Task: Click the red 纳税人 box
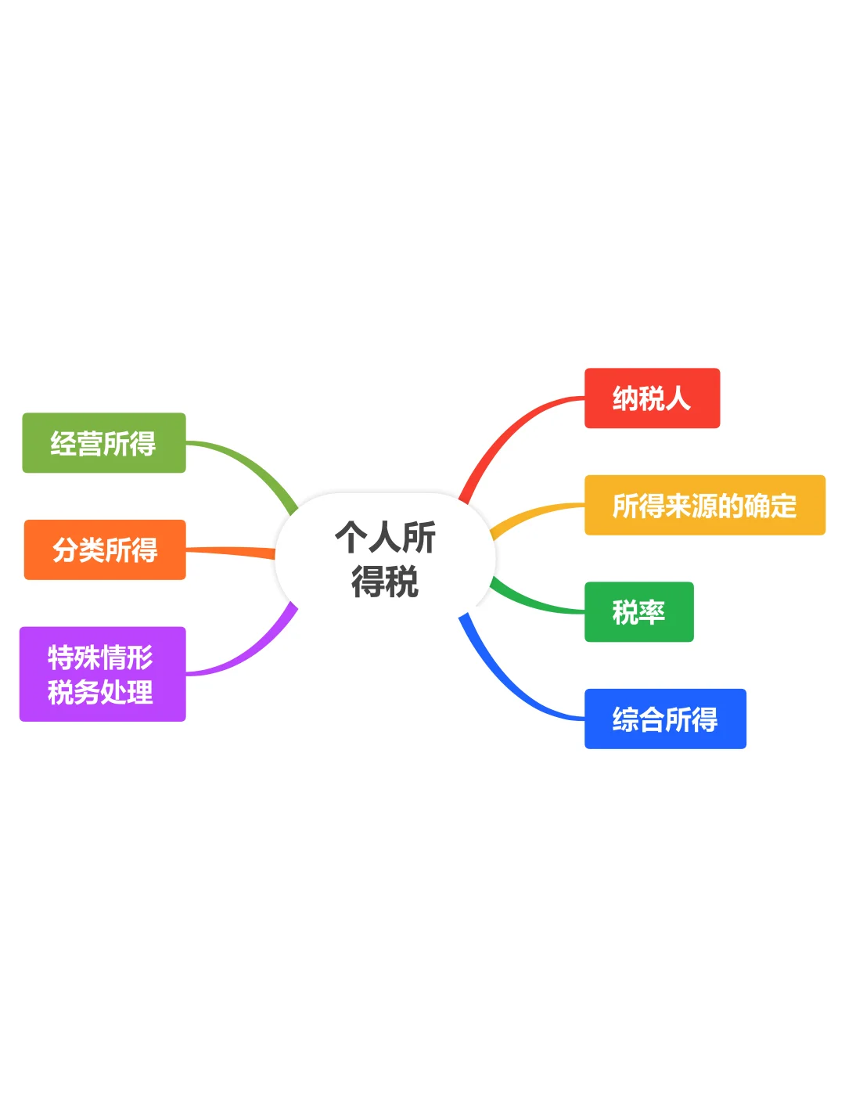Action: coord(652,398)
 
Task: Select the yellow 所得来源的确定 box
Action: coord(704,505)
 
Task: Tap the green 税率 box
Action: coord(638,611)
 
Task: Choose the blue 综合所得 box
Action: coord(665,719)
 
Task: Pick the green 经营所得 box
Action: coord(103,443)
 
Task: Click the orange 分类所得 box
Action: coord(104,549)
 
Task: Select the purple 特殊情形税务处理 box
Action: coord(102,674)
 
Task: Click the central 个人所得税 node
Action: coord(385,559)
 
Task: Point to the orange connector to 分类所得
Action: coord(231,553)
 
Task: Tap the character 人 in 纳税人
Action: coord(678,398)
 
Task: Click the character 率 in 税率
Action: coord(652,612)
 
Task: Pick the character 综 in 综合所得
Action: coord(625,719)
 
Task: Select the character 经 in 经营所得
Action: coord(63,444)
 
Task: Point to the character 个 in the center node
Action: coord(351,538)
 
